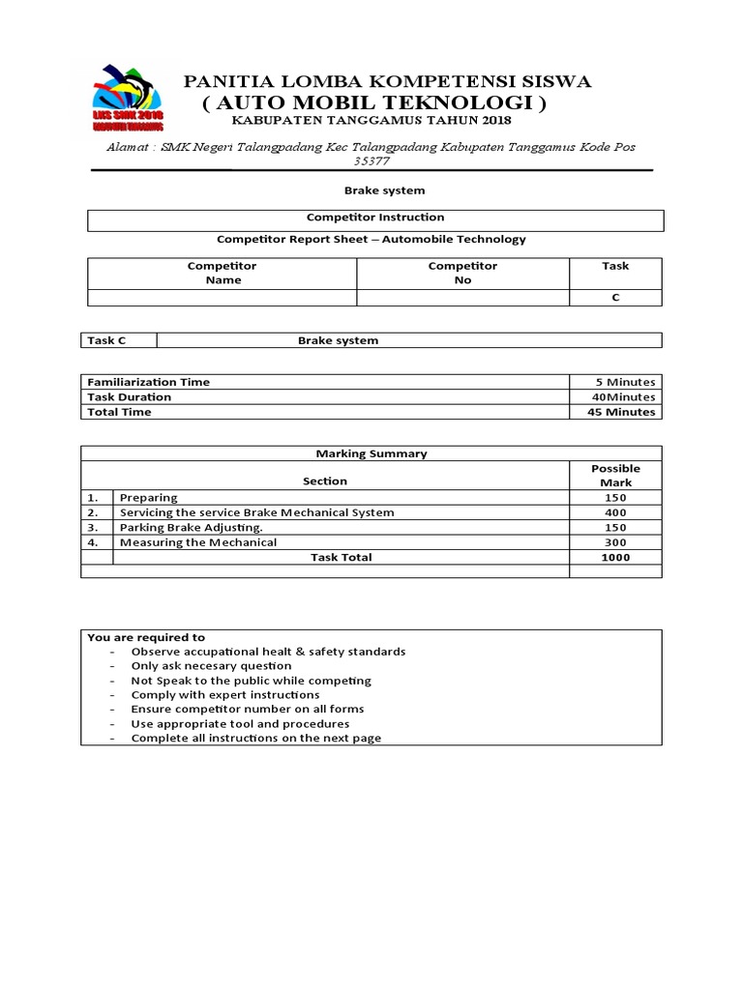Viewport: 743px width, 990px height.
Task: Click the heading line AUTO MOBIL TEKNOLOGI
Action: [374, 102]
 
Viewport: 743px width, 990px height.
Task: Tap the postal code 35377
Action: [371, 161]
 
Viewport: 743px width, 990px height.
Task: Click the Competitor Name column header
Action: [222, 273]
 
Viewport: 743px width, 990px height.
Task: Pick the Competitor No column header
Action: [462, 273]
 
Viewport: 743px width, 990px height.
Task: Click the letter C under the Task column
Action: [614, 298]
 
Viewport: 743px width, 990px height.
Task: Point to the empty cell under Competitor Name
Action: [222, 298]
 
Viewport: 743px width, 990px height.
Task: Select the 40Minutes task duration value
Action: [624, 396]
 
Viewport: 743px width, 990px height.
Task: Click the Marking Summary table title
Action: [371, 453]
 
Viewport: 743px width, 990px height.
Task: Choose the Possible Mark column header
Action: [615, 475]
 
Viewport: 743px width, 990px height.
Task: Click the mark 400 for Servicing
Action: [615, 512]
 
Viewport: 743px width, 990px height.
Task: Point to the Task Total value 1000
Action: [615, 557]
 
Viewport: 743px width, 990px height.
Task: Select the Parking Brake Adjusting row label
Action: [191, 528]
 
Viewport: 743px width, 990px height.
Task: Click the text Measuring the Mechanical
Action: [197, 542]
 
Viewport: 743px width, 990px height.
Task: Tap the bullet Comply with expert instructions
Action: [224, 695]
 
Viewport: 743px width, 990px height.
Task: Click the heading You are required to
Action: [146, 637]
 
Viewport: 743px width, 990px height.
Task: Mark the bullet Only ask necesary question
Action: [211, 666]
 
